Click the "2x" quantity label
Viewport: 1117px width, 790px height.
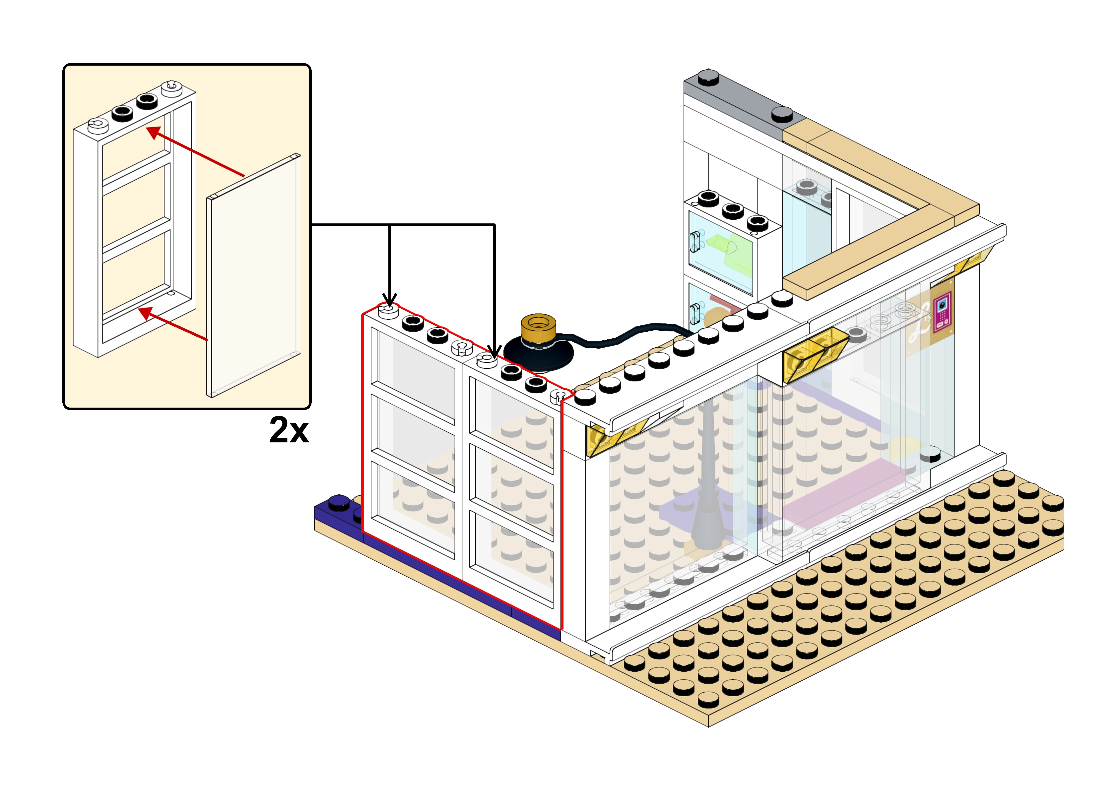(x=289, y=430)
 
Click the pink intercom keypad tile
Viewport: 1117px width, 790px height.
(x=942, y=312)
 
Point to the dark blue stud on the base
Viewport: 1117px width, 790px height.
(x=339, y=502)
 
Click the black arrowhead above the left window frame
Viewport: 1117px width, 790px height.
(x=389, y=299)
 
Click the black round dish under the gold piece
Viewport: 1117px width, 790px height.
(x=538, y=352)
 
